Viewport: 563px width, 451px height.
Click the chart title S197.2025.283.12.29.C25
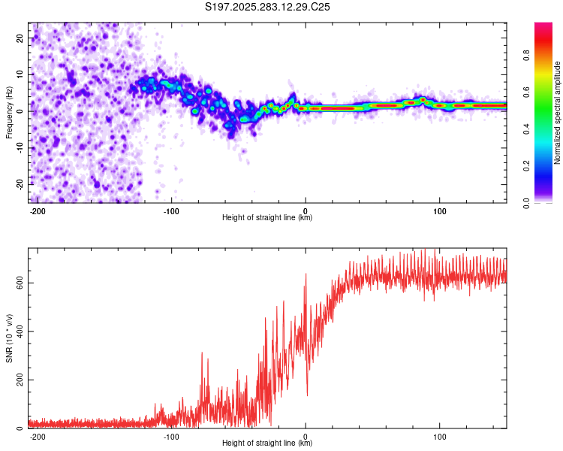(x=268, y=7)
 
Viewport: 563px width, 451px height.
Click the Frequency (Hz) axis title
(x=9, y=113)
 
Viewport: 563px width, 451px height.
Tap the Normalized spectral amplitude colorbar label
(x=558, y=113)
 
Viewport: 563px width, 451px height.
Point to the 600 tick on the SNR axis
(x=18, y=283)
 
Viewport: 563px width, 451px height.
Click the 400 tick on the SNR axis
(x=18, y=331)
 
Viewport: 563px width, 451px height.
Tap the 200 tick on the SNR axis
(x=18, y=380)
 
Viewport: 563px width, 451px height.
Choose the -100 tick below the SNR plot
(x=171, y=436)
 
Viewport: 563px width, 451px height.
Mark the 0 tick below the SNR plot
(x=306, y=436)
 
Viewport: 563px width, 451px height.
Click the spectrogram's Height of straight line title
(x=267, y=218)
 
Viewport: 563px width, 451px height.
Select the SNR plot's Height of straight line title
(x=267, y=443)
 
